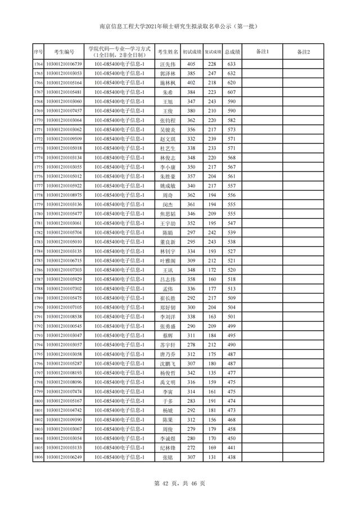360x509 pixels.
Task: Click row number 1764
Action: point(38,65)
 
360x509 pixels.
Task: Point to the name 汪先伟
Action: point(168,65)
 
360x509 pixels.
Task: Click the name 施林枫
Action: point(168,83)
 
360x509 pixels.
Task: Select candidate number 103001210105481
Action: point(64,92)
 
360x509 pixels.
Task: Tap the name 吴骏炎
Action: point(168,129)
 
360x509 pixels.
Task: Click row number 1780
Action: point(38,214)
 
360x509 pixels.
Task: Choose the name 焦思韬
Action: point(168,214)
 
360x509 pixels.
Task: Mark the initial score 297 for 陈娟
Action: point(191,232)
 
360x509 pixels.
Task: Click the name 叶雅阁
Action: point(168,260)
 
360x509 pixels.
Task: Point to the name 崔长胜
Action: point(168,298)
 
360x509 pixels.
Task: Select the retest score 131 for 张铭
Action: point(212,457)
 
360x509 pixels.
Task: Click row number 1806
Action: point(38,457)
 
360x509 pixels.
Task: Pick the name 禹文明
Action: point(168,382)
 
